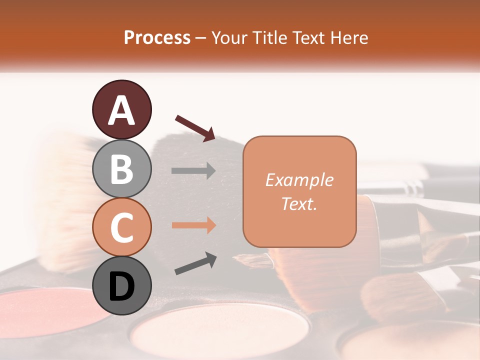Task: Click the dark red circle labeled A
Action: (121, 110)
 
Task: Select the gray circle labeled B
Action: (121, 168)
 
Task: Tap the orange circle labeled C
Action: (121, 227)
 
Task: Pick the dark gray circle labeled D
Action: (121, 285)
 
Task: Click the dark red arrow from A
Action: (195, 127)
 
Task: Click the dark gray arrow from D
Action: (195, 263)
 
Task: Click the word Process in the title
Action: (157, 37)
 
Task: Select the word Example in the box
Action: (299, 180)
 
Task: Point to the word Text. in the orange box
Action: (299, 204)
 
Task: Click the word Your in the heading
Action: (229, 37)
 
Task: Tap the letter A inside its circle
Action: (121, 110)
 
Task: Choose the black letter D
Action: (121, 286)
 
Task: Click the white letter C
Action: (121, 227)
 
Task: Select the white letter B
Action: (121, 169)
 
